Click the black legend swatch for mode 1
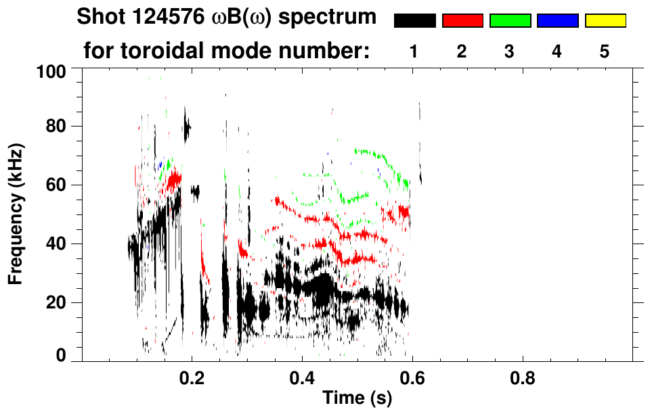(415, 21)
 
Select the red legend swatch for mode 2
(462, 21)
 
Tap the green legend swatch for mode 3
(510, 21)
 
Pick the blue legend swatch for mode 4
(557, 21)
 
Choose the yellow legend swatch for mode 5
(605, 21)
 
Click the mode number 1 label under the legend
(414, 51)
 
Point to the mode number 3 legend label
(509, 51)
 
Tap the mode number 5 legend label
(604, 51)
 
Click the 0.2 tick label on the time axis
(192, 377)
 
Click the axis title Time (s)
(357, 399)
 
